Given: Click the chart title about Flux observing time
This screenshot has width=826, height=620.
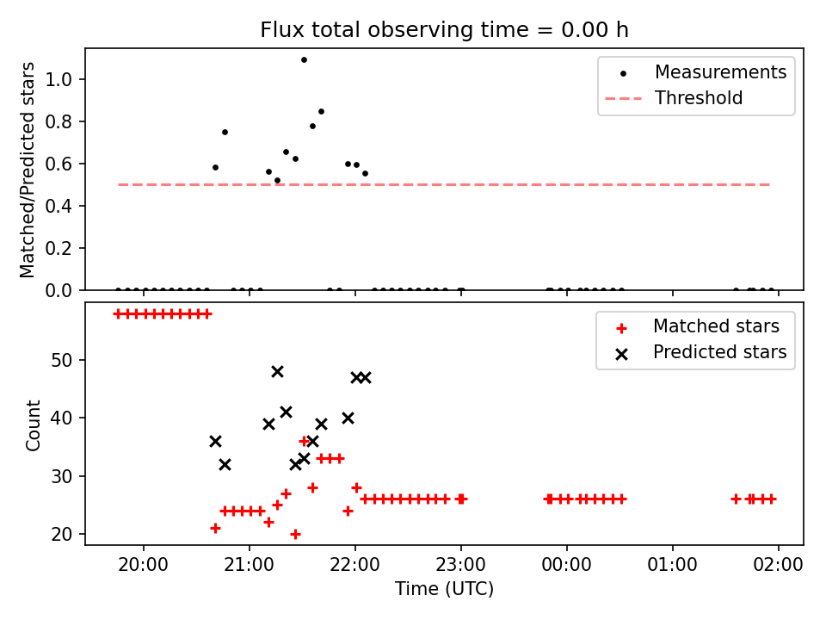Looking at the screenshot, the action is point(444,29).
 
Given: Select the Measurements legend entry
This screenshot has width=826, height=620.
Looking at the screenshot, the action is point(695,72).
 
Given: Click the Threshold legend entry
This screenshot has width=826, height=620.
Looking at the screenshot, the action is point(674,98).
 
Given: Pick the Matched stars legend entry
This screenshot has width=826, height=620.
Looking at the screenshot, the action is point(696,326).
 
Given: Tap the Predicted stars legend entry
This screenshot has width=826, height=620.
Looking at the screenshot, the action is point(696,352).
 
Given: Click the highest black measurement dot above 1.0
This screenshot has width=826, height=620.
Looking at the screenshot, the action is point(304,60).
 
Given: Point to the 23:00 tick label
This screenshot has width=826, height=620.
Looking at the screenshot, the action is point(461,565).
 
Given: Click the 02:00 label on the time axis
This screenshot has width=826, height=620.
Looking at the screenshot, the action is point(778,565).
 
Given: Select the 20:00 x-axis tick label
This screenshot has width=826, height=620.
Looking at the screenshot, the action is point(144,565).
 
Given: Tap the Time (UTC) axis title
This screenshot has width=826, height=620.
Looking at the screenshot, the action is point(444,588).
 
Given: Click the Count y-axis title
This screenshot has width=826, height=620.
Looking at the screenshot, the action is point(33,425).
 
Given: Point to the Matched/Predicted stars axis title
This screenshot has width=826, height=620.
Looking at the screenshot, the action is point(27,170).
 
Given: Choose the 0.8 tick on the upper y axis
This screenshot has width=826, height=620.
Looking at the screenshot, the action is point(58,121).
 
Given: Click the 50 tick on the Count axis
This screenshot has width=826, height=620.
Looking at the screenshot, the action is point(62,360).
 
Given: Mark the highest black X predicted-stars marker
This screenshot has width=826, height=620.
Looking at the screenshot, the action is point(278,372).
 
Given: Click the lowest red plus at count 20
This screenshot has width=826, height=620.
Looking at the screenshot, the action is point(295,534).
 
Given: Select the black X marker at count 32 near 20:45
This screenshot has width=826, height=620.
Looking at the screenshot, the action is point(225,464).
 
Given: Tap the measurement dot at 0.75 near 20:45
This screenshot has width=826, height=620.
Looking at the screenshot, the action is point(225,133).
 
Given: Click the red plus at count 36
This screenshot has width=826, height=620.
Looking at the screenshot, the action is point(304,441).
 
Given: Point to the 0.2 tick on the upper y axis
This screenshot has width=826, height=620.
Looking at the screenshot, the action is point(58,248).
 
